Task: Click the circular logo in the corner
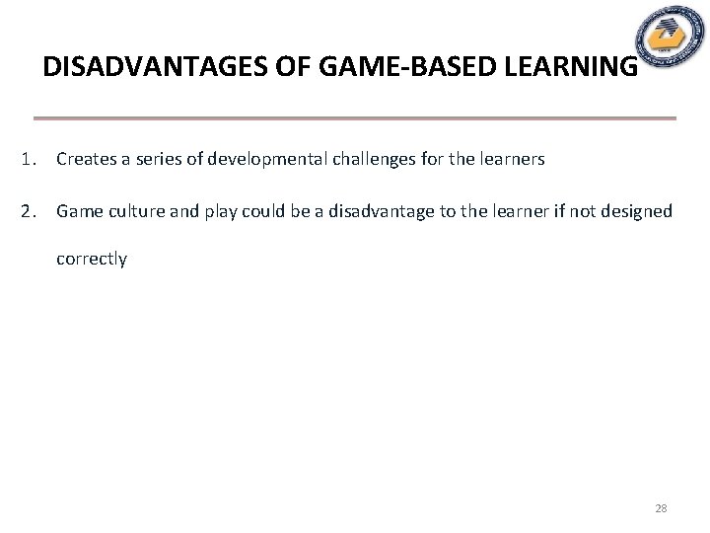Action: tap(671, 38)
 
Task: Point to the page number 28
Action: tap(661, 508)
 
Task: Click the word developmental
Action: tap(257, 159)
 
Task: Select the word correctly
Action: tap(91, 259)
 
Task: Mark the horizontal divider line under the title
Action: tap(355, 118)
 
